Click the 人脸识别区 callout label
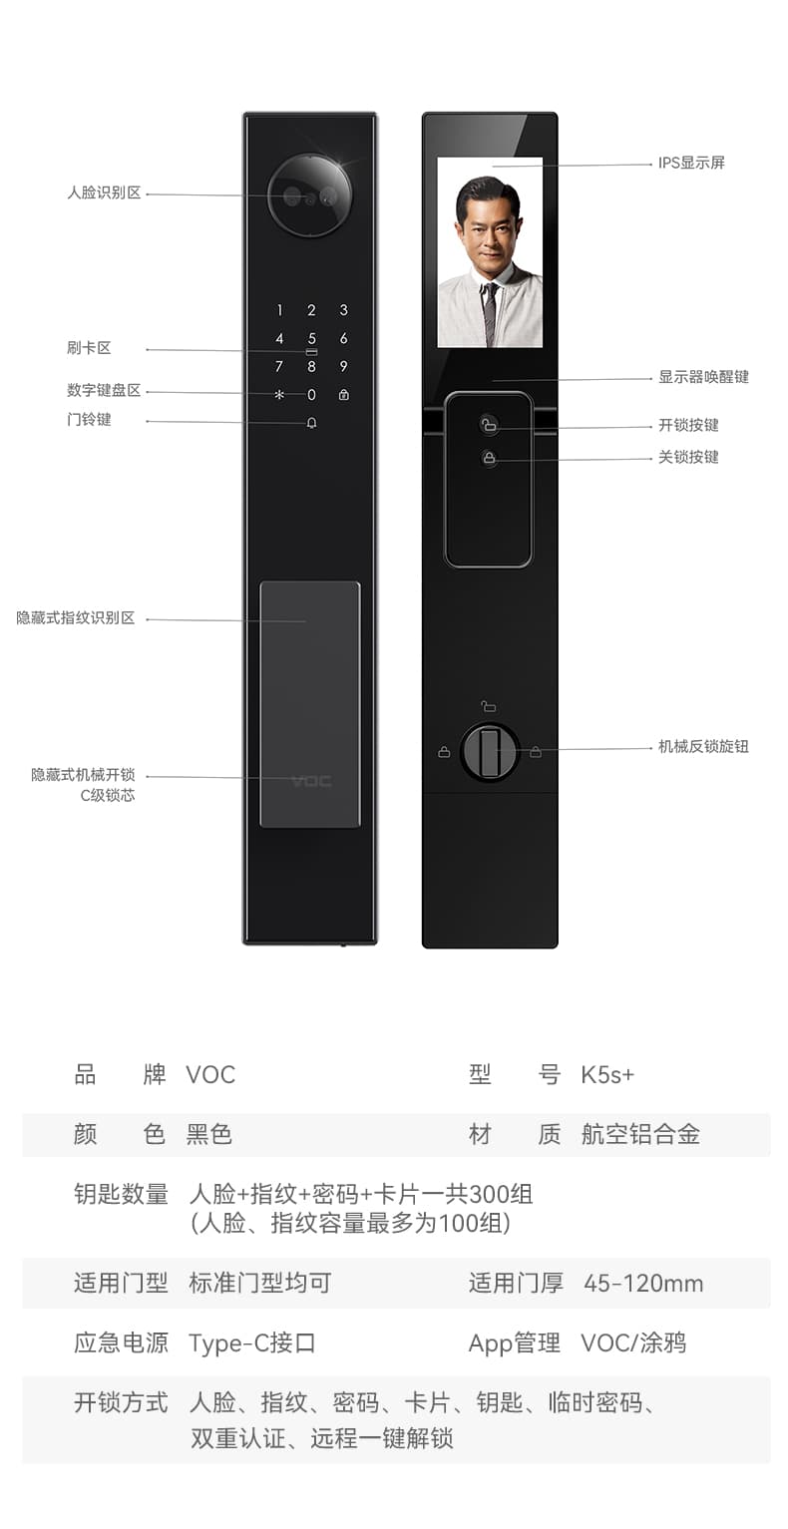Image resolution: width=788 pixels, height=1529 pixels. point(104,192)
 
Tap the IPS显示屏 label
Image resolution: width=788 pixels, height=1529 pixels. point(691,163)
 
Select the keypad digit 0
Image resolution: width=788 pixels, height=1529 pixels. point(311,395)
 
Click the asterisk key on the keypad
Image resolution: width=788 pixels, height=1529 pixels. point(279,395)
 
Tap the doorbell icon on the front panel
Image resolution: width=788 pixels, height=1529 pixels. point(311,423)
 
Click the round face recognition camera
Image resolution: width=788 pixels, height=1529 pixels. point(309,195)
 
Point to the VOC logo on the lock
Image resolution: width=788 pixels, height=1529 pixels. point(311,780)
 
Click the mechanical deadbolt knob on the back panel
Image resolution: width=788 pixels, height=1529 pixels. point(490,752)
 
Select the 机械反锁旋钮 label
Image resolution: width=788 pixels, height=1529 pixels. point(703,746)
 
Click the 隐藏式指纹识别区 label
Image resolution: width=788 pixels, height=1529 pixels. point(75,618)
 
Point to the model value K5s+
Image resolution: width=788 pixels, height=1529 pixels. point(607,1074)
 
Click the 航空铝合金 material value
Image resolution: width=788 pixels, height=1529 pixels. point(640,1134)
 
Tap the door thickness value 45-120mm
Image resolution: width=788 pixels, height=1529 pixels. point(643,1283)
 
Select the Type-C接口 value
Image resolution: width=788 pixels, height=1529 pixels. point(252,1342)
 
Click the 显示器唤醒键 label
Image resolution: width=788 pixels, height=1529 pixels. point(703,377)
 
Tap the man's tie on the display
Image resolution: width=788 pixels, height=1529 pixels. point(490,312)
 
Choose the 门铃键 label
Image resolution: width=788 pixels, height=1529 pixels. point(89,420)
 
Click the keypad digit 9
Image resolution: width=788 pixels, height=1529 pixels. point(343,366)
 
